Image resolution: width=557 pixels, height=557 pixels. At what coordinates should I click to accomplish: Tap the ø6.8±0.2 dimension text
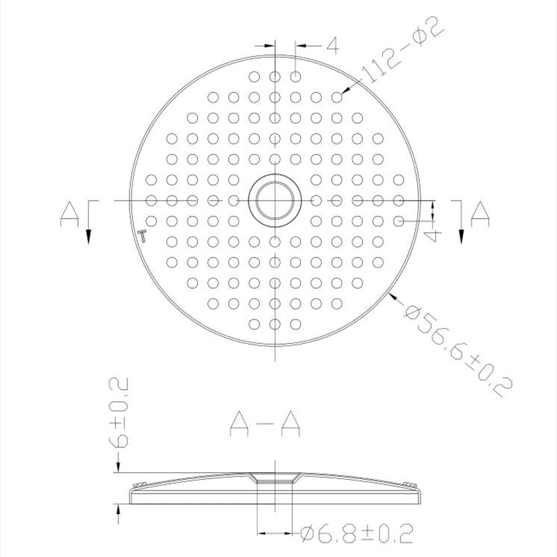tap(356, 534)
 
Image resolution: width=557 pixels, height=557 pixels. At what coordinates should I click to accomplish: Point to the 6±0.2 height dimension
tap(120, 414)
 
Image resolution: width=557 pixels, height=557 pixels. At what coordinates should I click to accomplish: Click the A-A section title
tap(266, 425)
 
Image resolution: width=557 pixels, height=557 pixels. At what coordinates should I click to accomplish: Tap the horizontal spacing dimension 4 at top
tap(331, 46)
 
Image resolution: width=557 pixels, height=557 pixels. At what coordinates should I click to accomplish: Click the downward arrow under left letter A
tap(88, 235)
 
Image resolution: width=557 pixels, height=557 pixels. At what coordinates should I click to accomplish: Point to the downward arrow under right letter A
tap(461, 235)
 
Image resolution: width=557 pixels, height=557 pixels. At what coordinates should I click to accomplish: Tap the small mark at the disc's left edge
tap(143, 234)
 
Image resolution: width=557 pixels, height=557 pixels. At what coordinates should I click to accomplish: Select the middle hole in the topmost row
tap(275, 77)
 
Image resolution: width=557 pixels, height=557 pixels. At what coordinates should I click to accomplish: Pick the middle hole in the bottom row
tap(275, 323)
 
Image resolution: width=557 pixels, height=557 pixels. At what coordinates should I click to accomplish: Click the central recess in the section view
tap(275, 479)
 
